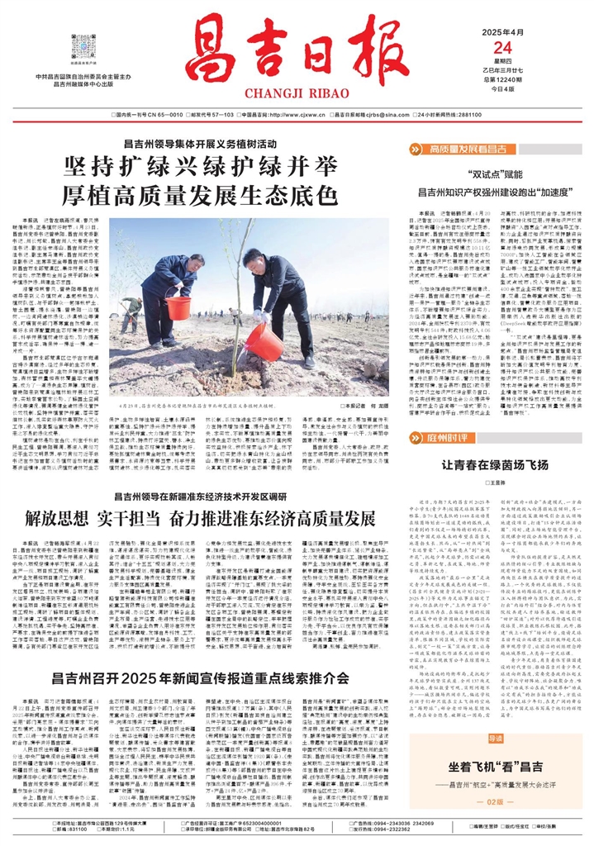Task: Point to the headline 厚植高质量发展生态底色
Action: [x=203, y=197]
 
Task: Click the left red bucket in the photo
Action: [x=178, y=308]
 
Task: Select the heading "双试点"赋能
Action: [x=493, y=175]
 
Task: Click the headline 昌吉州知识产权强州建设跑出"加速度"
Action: [x=494, y=192]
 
